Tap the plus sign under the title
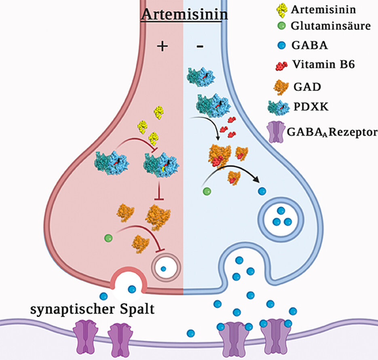pos(162,46)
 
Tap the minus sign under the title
pos(200,47)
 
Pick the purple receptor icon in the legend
pos(276,133)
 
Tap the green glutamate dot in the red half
pos(108,238)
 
